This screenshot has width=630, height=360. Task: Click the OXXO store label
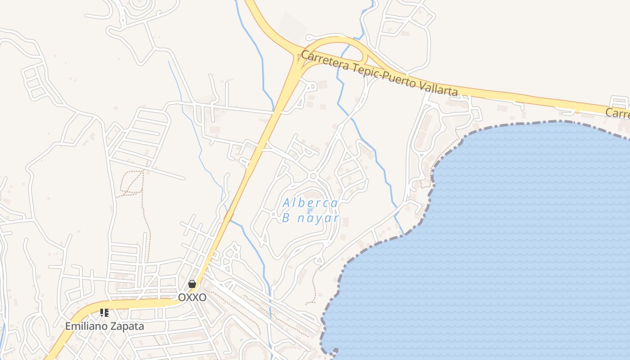(192, 297)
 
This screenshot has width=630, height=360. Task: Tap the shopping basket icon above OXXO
(192, 284)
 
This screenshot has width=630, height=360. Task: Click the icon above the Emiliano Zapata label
(104, 312)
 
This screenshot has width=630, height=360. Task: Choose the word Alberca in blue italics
(310, 203)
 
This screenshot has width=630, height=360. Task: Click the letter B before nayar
(285, 219)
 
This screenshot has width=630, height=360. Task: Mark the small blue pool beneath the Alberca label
(310, 211)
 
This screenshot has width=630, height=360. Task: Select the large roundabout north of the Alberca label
(313, 176)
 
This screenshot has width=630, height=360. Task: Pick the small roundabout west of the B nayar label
(273, 214)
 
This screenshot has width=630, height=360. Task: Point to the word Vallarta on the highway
(439, 87)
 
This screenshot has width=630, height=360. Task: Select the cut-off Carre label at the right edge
(617, 113)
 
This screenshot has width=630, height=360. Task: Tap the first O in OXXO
(182, 297)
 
